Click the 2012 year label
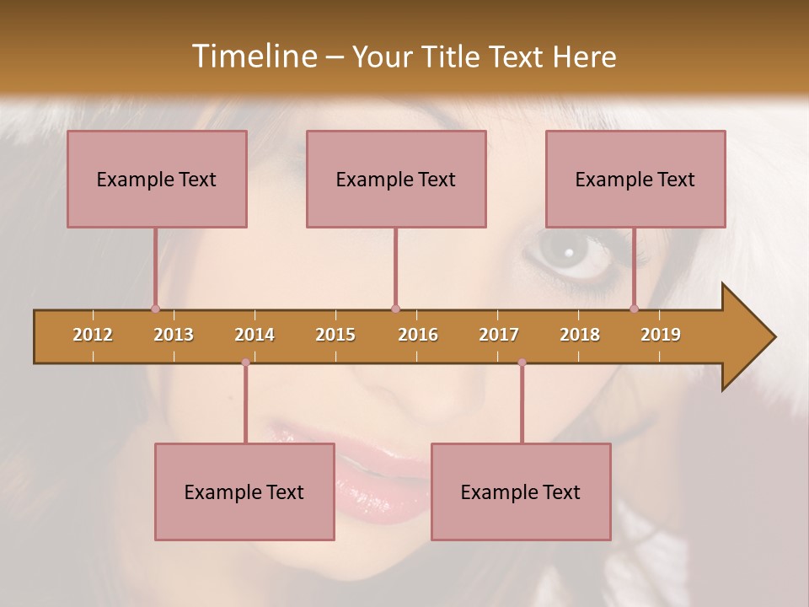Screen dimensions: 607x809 93,336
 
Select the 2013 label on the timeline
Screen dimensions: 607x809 174,336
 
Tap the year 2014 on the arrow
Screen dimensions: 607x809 254,336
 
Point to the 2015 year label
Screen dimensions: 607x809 335,336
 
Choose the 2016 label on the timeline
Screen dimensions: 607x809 418,336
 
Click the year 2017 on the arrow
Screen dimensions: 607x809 499,336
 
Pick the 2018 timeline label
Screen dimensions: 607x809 580,336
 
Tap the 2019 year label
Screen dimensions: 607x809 661,336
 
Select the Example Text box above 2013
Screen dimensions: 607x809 157,180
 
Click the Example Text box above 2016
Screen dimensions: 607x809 396,180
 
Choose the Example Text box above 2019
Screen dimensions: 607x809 635,180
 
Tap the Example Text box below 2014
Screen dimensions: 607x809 244,492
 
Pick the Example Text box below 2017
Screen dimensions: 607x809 521,492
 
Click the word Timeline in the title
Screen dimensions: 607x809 253,56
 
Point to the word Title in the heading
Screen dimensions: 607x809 454,56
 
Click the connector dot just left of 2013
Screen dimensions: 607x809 155,309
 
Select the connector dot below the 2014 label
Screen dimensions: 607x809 245,363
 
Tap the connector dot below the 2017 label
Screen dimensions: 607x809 522,363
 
